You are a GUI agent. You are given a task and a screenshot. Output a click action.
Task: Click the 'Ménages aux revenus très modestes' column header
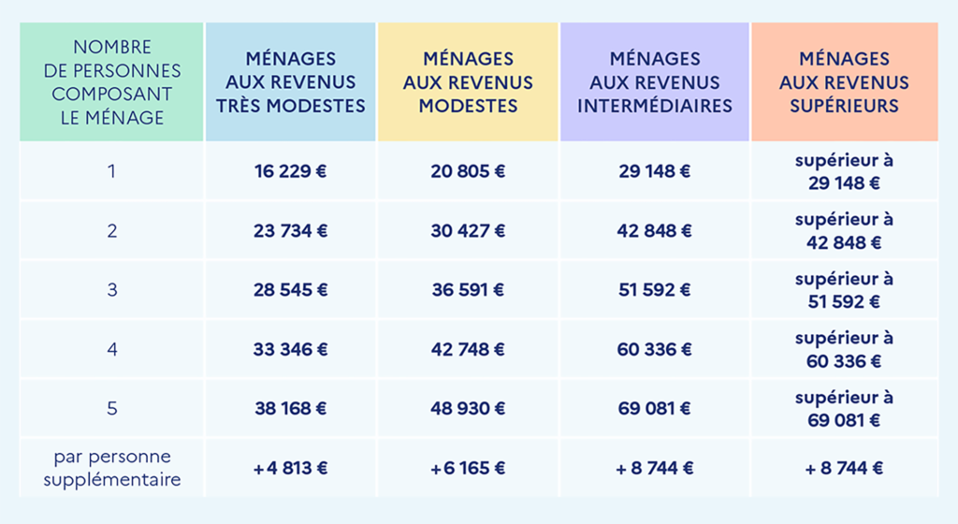[290, 82]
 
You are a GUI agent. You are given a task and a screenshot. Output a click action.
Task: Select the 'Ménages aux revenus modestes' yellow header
[468, 82]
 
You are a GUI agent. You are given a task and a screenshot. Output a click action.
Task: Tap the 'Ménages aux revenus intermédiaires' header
[654, 82]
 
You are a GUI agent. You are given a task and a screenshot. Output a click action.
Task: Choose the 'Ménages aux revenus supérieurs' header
[844, 82]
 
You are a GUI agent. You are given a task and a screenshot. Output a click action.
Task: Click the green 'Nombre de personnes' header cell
[111, 82]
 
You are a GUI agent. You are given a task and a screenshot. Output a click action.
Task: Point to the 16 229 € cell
[290, 171]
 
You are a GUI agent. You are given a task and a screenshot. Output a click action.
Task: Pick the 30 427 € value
[468, 230]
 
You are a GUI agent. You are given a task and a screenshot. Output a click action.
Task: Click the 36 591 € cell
[468, 290]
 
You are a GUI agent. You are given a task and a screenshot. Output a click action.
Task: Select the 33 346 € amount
[290, 349]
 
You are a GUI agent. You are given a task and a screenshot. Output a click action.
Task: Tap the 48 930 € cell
[468, 408]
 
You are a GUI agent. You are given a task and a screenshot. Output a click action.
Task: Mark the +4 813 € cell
[290, 468]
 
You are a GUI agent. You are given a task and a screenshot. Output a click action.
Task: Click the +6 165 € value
[468, 468]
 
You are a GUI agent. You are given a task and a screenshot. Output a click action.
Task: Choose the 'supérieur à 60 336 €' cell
[844, 349]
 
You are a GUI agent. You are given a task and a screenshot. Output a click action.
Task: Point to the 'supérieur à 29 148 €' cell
[844, 171]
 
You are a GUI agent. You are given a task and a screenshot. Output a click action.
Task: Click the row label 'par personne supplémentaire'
[111, 468]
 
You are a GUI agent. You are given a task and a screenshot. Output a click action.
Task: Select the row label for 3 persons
[111, 290]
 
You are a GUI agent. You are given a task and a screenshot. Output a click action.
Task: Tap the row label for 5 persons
[111, 408]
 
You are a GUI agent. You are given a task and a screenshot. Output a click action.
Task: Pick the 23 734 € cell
[290, 230]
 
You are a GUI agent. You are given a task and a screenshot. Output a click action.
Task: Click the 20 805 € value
[468, 171]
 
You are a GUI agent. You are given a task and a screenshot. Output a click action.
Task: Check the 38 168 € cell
[290, 408]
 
